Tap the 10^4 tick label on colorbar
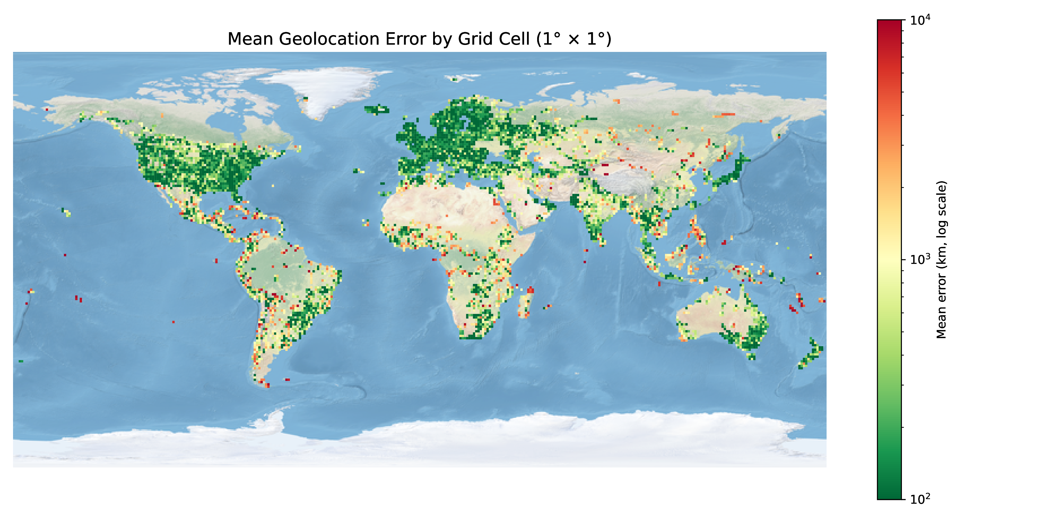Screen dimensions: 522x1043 pos(920,20)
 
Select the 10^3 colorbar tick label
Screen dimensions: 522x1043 pos(920,259)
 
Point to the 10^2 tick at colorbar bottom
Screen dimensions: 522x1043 pos(920,499)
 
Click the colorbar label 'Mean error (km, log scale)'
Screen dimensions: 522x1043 pos(942,259)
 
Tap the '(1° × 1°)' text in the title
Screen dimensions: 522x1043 pos(574,39)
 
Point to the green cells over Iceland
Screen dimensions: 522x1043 pos(377,109)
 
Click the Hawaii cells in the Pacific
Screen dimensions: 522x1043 pos(66,212)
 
